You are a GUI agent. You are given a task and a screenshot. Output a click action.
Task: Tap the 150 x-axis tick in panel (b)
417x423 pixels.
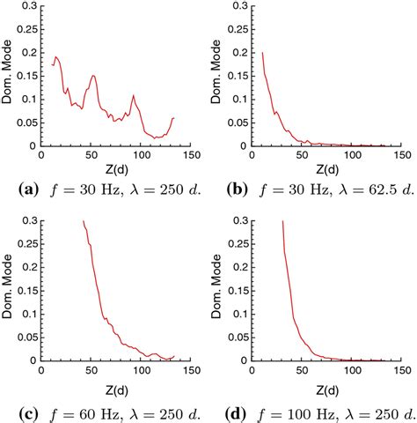point(402,157)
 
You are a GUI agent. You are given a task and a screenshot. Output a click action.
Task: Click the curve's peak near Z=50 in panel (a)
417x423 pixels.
point(92,76)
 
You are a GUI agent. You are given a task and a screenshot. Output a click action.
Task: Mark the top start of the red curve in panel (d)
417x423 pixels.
point(282,222)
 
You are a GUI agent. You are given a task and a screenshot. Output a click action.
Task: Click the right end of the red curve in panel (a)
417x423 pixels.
point(173,117)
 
